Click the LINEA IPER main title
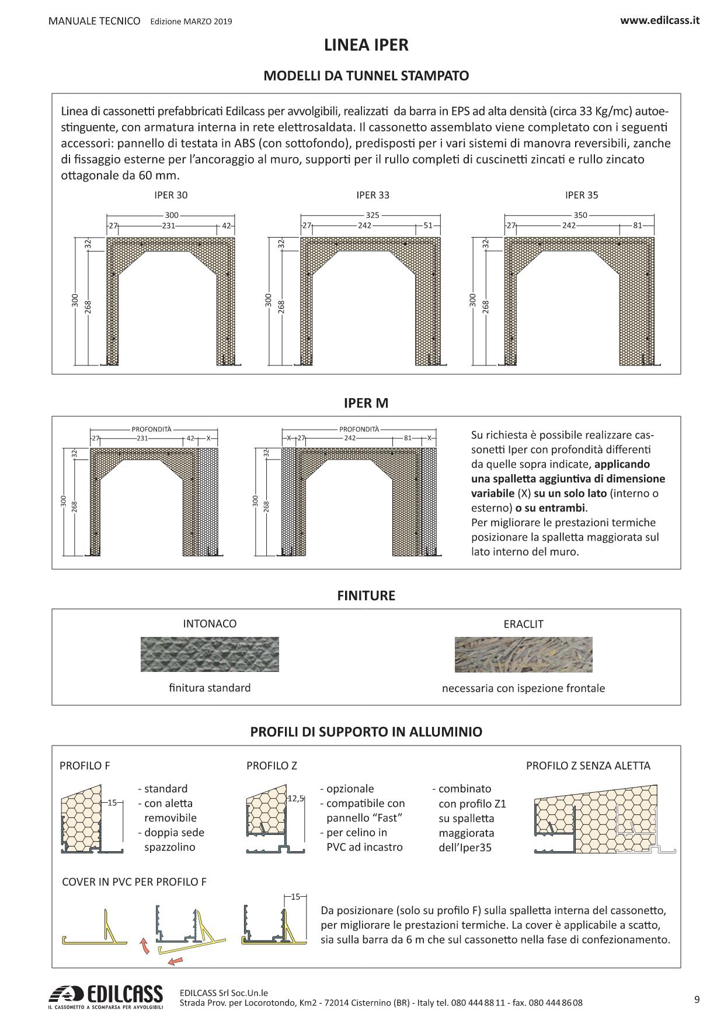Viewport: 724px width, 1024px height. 366,45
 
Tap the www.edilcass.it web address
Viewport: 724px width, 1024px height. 660,20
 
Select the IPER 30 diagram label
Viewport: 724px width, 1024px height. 167,195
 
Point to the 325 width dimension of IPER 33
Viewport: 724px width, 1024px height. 372,215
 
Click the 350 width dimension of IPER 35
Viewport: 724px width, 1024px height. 580,215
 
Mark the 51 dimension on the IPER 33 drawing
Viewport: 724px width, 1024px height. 428,225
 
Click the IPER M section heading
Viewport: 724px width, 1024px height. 366,403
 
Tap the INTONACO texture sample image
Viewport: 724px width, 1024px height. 210,654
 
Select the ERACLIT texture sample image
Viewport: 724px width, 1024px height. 523,654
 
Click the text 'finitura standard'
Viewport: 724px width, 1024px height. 210,688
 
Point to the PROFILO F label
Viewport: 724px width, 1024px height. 85,765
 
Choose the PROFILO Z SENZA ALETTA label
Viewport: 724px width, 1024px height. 588,765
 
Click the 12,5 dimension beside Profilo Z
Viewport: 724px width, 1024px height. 296,798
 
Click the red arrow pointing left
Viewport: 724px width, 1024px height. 175,960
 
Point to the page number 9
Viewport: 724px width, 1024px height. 697,999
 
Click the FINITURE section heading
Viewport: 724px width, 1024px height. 366,595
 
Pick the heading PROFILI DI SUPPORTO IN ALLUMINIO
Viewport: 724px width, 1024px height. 366,732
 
